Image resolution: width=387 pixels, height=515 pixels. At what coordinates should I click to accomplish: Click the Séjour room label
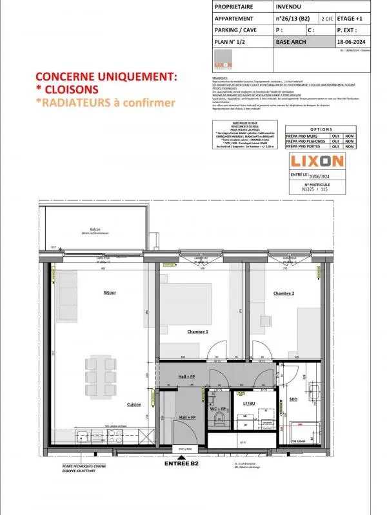pyautogui.click(x=110, y=293)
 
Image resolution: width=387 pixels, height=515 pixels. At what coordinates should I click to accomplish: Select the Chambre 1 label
pyautogui.click(x=197, y=332)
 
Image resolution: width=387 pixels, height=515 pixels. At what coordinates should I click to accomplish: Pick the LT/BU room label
pyautogui.click(x=250, y=404)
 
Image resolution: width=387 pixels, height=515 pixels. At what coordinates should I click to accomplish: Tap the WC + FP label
pyautogui.click(x=218, y=409)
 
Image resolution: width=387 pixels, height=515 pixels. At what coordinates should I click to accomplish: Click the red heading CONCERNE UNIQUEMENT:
pyautogui.click(x=106, y=77)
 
